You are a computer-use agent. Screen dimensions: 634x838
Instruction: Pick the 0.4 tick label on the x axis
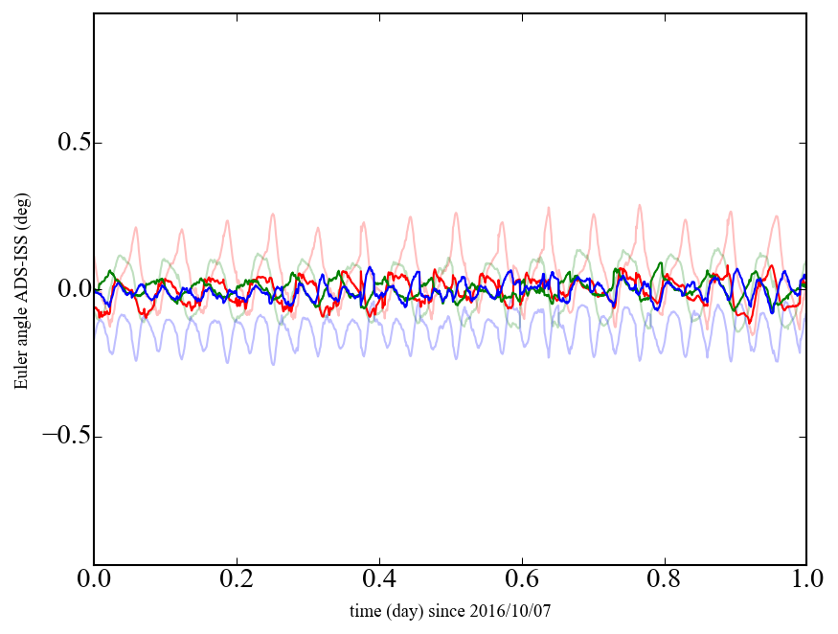(x=379, y=580)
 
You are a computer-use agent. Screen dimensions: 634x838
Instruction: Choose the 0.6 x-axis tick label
(x=522, y=580)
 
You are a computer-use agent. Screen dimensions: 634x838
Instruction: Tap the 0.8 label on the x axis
(x=664, y=580)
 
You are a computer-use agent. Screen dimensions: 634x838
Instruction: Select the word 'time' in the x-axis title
(x=365, y=610)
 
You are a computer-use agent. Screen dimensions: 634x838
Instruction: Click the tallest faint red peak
(x=639, y=205)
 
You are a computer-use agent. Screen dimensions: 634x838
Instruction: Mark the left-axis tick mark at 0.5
(x=98, y=143)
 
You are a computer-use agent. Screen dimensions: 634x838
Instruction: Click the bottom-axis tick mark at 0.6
(x=522, y=561)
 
